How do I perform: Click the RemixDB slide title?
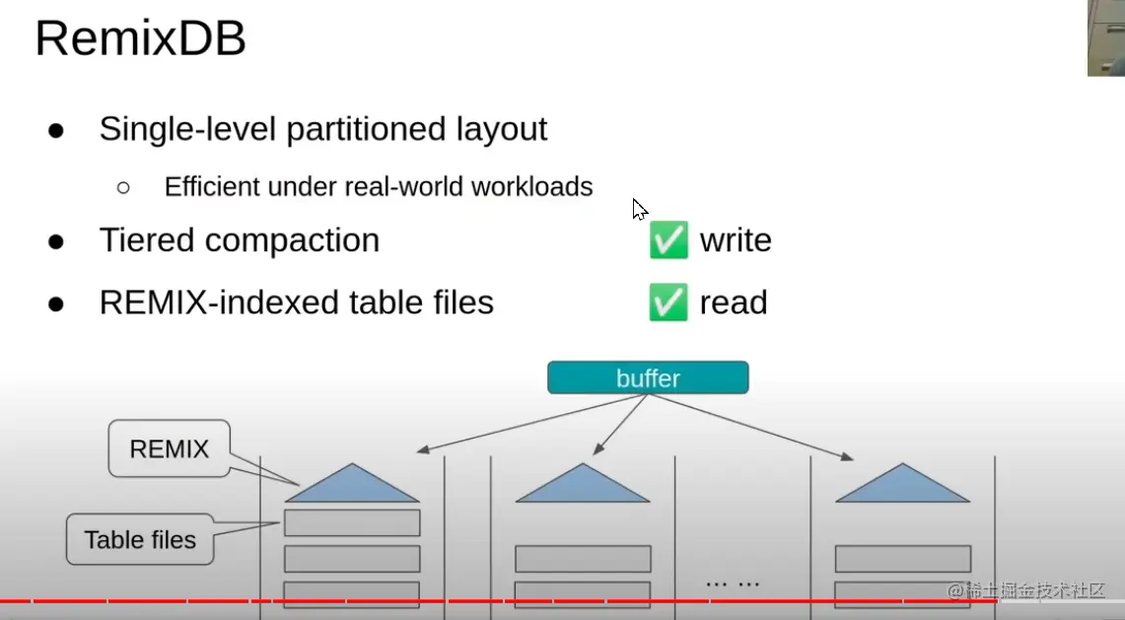141,38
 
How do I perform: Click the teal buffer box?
648,378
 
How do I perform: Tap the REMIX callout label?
170,448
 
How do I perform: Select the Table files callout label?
140,539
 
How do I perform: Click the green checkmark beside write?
668,240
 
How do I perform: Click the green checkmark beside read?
668,302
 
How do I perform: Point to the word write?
736,241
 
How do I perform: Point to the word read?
734,303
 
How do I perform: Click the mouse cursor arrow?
639,210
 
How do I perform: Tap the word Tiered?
147,240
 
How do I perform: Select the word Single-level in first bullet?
188,130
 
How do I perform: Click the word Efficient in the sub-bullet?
212,186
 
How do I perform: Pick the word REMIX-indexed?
219,302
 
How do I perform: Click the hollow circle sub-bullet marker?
123,188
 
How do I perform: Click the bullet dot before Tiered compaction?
56,241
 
